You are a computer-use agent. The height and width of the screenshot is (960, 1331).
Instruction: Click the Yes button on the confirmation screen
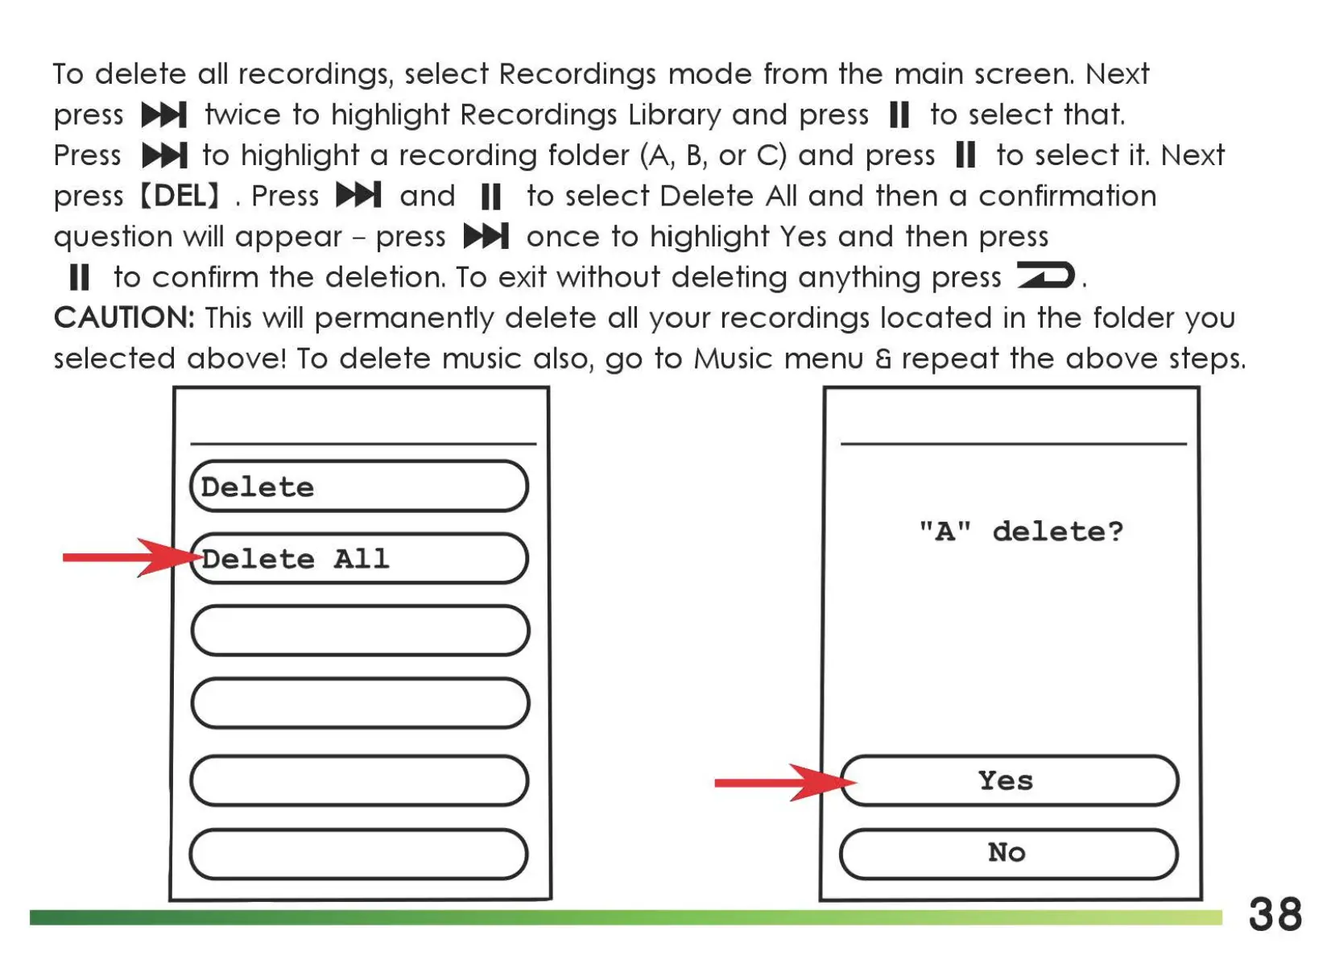[1009, 780]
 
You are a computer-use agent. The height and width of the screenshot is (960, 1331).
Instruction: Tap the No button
[1008, 852]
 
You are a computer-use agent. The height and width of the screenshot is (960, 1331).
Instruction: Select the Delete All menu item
[359, 558]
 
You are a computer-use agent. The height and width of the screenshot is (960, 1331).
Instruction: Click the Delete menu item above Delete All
[359, 486]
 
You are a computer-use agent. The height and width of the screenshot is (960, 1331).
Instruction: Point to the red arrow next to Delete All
[129, 557]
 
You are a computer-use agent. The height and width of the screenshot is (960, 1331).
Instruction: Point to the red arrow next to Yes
[781, 782]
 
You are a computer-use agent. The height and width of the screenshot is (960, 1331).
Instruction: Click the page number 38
[1275, 915]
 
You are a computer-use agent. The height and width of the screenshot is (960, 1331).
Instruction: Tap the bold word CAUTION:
[124, 318]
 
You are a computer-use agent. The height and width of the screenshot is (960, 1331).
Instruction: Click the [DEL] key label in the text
[180, 196]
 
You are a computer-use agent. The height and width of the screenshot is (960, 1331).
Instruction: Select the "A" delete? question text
[1021, 532]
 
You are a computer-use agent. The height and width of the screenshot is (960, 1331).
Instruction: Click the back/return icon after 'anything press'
[1045, 275]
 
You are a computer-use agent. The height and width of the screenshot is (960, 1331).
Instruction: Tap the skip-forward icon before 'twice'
[164, 115]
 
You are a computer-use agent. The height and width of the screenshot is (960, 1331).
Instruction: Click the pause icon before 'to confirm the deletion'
[79, 278]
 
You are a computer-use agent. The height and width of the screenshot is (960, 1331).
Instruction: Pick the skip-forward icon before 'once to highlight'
[486, 237]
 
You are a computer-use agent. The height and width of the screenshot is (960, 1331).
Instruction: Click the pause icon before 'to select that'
[899, 115]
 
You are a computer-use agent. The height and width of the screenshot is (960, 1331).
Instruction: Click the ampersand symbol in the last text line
[883, 359]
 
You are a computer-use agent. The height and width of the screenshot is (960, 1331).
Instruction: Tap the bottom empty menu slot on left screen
[359, 854]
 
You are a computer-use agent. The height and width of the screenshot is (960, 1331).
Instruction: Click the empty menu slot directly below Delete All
[359, 630]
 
